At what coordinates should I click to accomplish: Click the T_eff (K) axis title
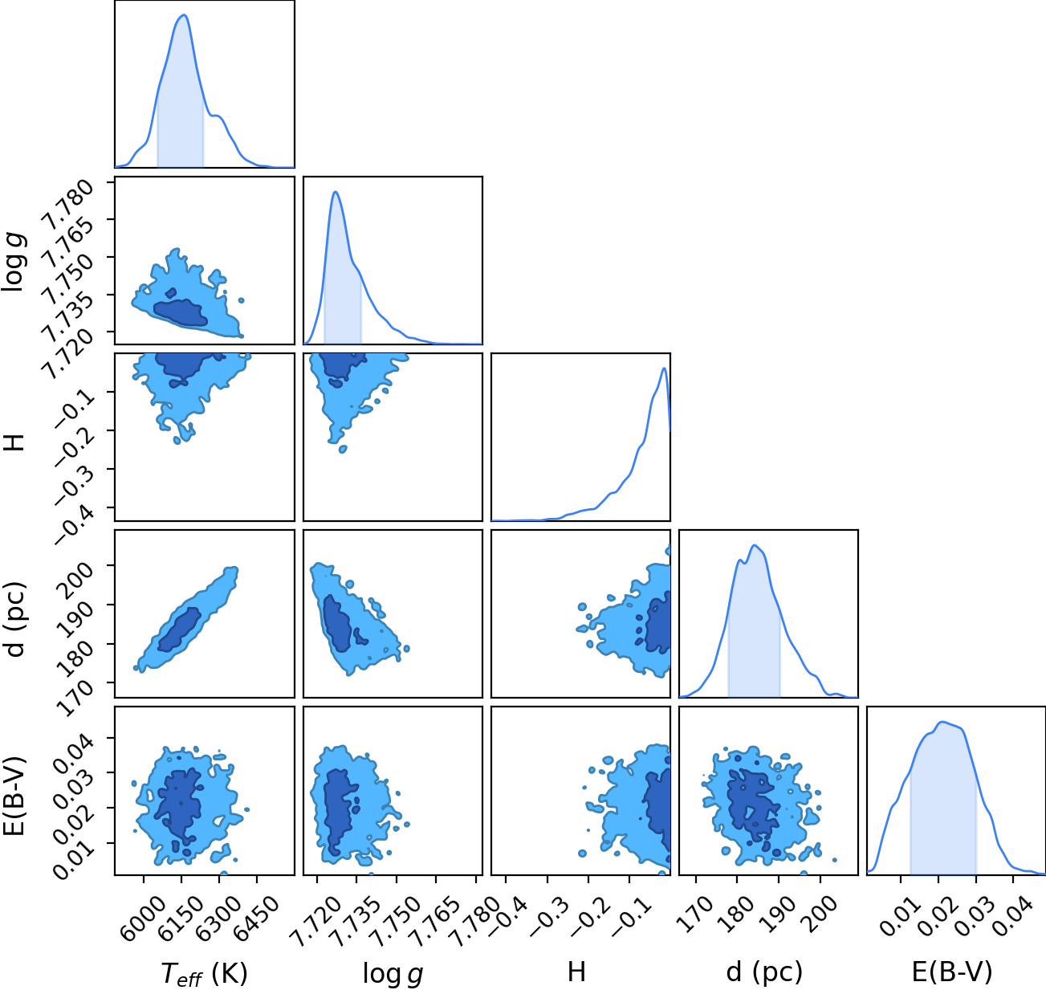click(205, 973)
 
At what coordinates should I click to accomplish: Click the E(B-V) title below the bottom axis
click(952, 972)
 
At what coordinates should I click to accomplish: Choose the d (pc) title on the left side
click(15, 620)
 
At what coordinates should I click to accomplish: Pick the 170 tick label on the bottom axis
click(697, 913)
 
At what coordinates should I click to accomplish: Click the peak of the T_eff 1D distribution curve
click(184, 15)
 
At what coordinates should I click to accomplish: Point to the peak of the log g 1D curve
click(336, 192)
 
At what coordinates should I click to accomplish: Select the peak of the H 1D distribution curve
click(663, 369)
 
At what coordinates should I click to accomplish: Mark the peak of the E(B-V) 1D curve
click(941, 722)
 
